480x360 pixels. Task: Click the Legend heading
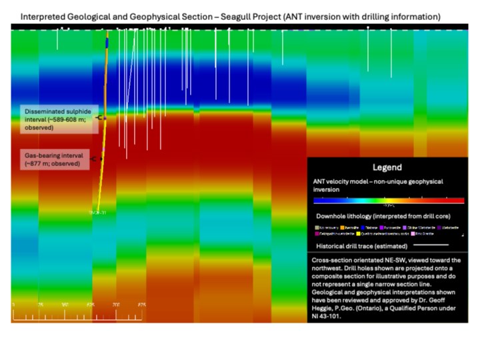387,168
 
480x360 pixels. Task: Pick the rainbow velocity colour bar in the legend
388,199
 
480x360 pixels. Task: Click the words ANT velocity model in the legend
341,181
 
